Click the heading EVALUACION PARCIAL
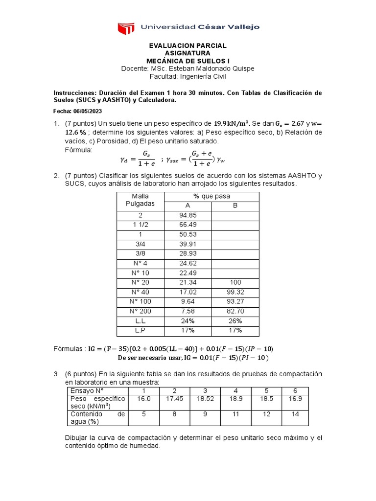click(x=188, y=46)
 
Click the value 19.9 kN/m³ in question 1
click(x=233, y=123)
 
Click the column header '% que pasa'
click(x=211, y=196)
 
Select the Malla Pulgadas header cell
click(x=140, y=200)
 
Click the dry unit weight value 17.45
click(x=174, y=399)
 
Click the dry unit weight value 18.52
click(x=204, y=399)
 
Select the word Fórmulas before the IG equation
click(x=69, y=348)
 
